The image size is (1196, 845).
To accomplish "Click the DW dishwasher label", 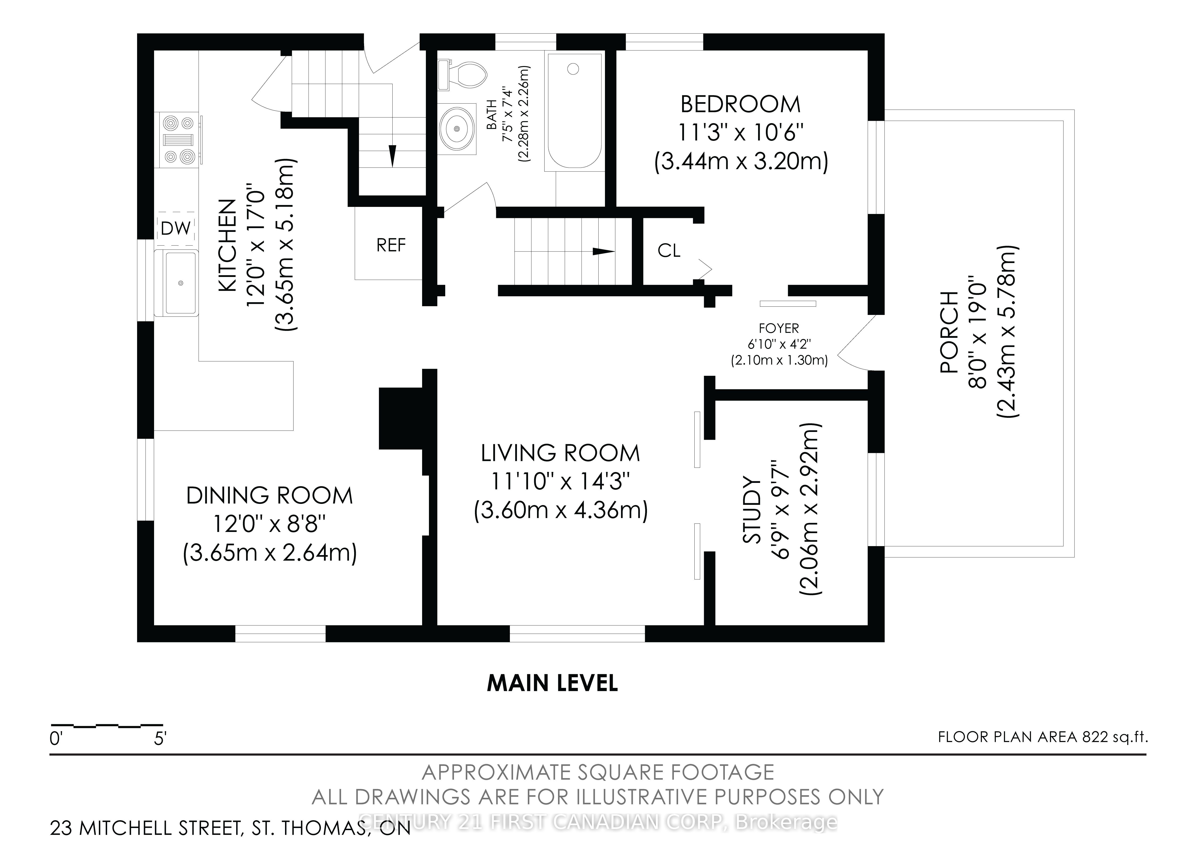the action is coord(176,228).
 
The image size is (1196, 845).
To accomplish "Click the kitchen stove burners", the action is coord(179,140).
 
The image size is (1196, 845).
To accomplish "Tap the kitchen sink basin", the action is coord(180,283).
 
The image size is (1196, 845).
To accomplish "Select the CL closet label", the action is coord(669,251).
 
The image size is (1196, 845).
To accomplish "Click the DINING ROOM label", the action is coord(269,495).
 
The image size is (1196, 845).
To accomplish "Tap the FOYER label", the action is coord(779,328).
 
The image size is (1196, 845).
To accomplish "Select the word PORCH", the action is coord(949,332).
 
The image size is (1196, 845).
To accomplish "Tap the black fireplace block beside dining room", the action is coord(400,418).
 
